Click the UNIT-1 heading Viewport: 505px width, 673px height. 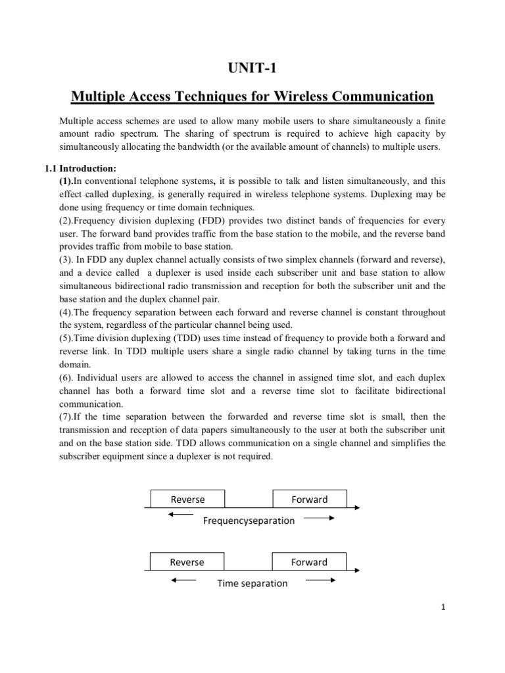tap(252, 68)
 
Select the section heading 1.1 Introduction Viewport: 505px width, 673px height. tap(80, 168)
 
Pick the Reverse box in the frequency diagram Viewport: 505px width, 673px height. tap(187, 499)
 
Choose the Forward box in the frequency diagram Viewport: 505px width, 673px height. tap(309, 499)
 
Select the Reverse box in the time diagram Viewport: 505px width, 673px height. tap(187, 562)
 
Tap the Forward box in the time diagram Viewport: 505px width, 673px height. tap(309, 562)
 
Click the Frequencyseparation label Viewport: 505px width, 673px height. tap(249, 521)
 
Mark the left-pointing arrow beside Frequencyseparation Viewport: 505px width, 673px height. tap(180, 515)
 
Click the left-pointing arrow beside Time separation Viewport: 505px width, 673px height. tap(183, 580)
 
